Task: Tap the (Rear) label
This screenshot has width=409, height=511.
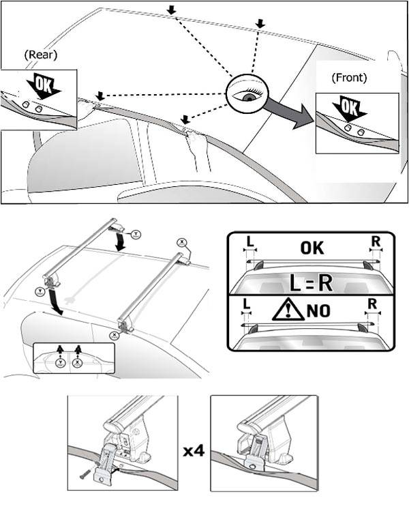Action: click(x=40, y=54)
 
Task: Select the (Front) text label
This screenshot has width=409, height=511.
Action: click(x=349, y=78)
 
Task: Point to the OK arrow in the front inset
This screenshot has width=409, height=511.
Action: click(x=349, y=109)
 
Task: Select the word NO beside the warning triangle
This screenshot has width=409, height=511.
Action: click(x=319, y=310)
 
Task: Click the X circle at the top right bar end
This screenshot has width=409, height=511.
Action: click(x=182, y=242)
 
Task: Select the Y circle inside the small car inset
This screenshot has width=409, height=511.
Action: click(x=61, y=363)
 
